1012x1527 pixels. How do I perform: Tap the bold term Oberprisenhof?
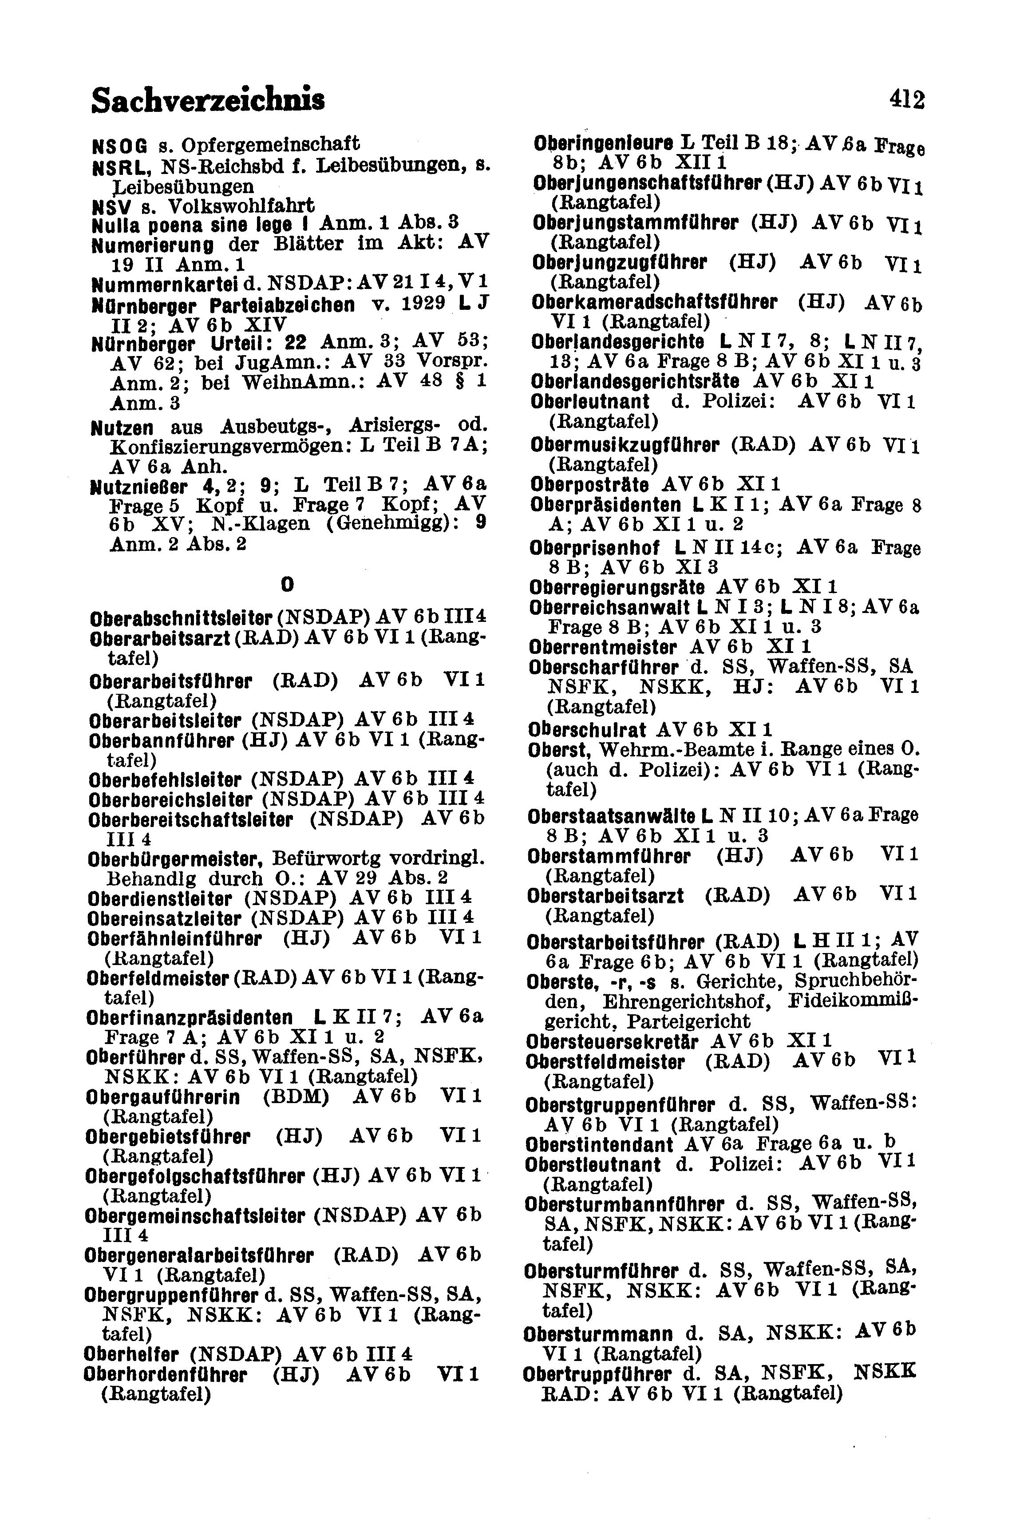[594, 549]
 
